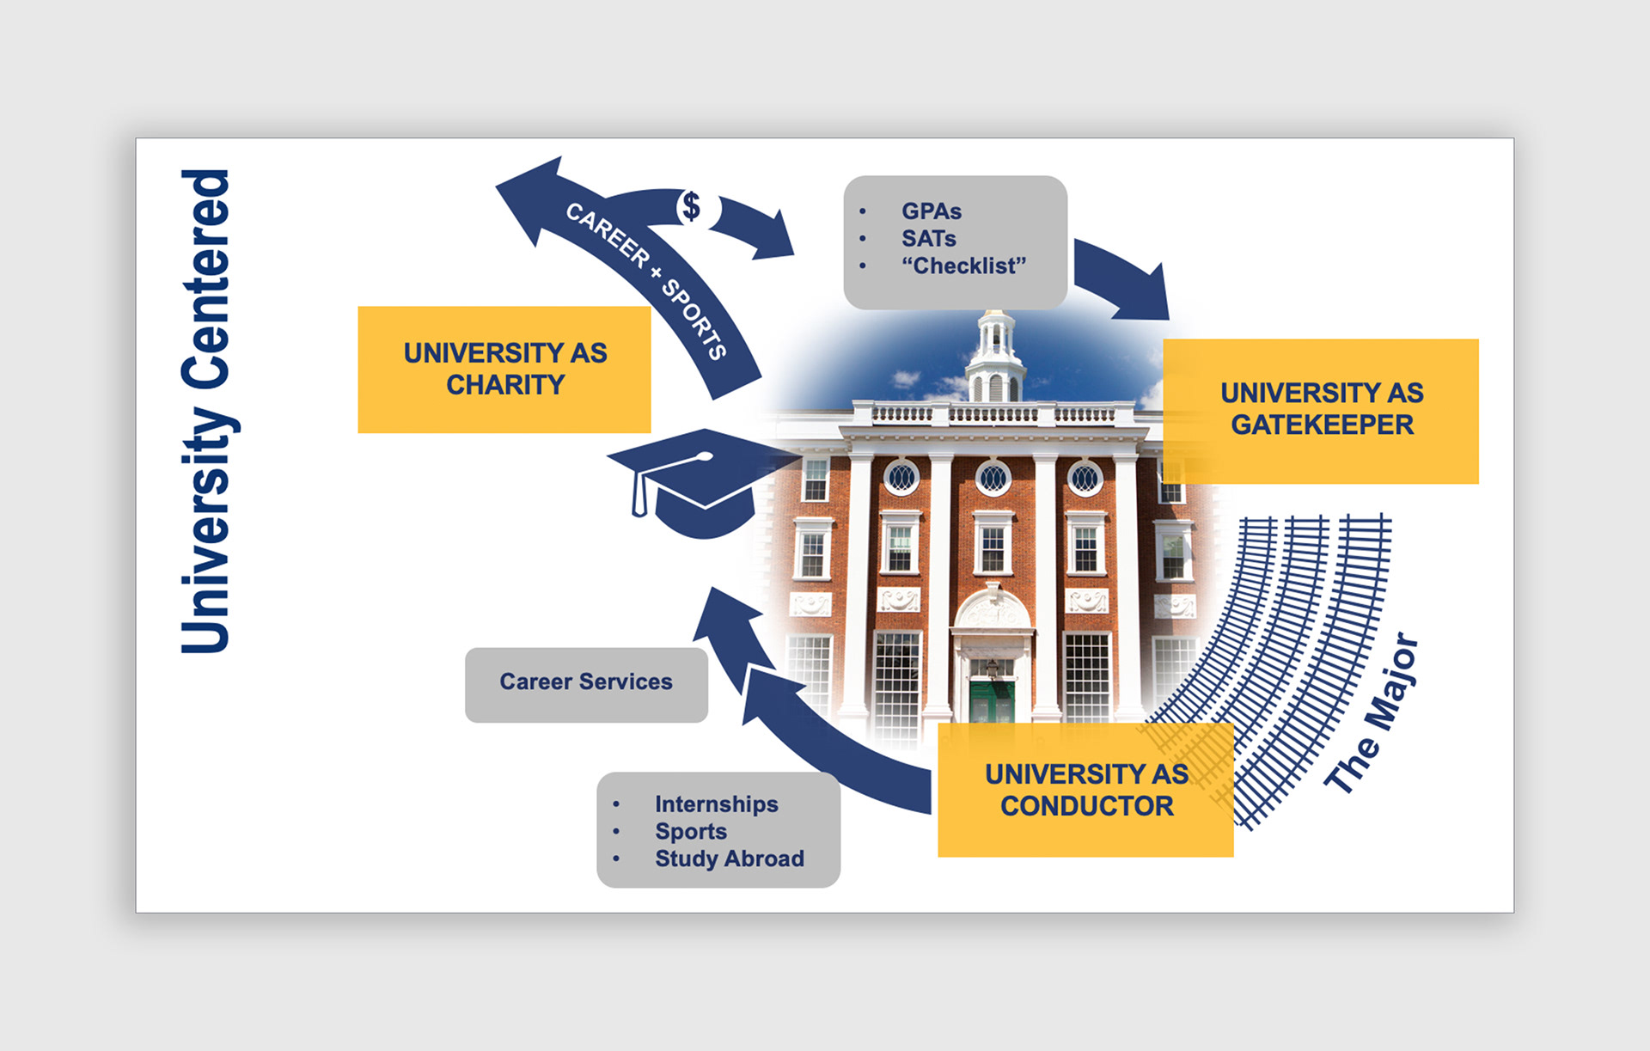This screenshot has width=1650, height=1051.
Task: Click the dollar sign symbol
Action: pos(691,207)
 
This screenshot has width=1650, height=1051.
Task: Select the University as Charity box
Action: pos(504,370)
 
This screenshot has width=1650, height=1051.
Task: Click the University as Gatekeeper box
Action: pos(1321,410)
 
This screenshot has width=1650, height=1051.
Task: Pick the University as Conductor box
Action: pos(1085,790)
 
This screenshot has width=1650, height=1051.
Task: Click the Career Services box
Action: pos(586,682)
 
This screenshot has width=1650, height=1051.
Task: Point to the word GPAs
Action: pos(932,211)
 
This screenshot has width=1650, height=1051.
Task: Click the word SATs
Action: pos(928,239)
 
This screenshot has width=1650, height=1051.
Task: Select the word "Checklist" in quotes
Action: pos(963,266)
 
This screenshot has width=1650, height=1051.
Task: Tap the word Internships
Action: pos(716,804)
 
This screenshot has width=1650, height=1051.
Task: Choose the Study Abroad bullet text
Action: pos(729,859)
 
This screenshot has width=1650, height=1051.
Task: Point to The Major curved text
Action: pos(1372,713)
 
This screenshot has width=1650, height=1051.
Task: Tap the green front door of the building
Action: pos(992,700)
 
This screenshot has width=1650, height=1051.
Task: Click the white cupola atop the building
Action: pos(995,357)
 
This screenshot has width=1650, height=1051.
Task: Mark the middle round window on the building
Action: pos(993,478)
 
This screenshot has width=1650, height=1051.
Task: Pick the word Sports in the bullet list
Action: pos(691,832)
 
